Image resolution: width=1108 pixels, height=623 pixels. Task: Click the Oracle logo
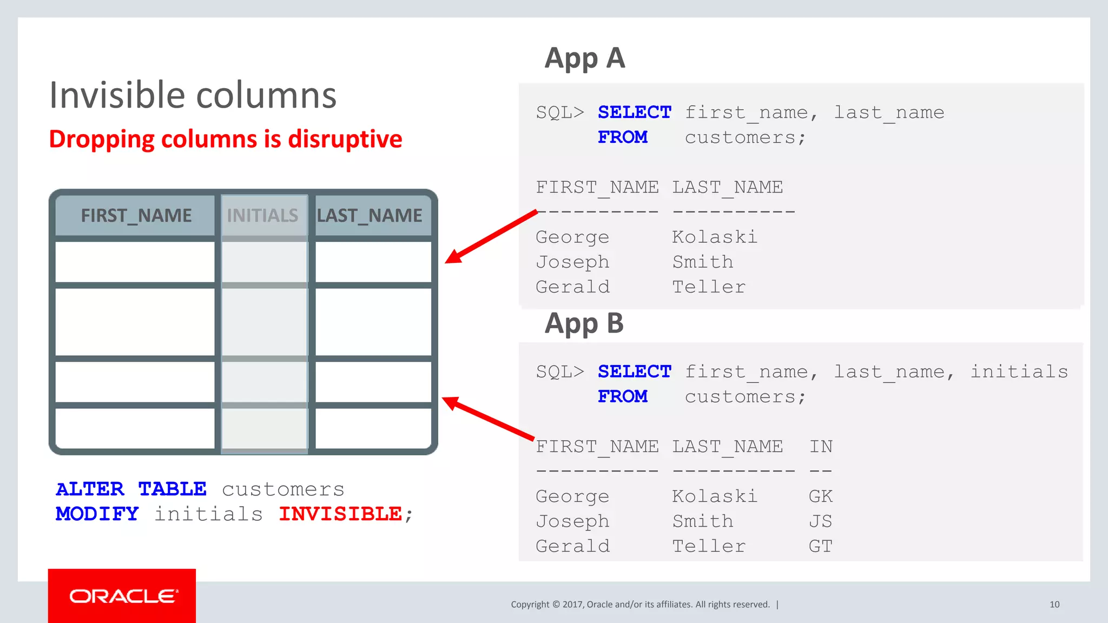(122, 596)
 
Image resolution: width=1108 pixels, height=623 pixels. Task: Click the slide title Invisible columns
(193, 96)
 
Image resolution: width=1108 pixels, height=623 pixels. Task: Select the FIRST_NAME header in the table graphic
(136, 216)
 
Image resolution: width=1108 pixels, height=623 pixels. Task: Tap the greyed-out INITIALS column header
(262, 216)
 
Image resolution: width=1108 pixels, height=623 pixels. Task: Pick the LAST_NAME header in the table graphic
(370, 216)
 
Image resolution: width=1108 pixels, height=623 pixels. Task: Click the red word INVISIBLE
(340, 514)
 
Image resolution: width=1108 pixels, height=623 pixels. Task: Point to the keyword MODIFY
(97, 514)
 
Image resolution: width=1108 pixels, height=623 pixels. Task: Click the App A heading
(585, 58)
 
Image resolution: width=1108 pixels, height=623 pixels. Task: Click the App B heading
(584, 324)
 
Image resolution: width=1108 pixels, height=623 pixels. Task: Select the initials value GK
(821, 496)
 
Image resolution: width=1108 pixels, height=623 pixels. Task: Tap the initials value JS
(821, 521)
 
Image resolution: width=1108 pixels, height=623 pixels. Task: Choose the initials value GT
(821, 546)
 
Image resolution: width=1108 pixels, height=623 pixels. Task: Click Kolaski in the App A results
(715, 237)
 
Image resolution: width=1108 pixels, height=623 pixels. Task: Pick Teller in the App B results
(709, 546)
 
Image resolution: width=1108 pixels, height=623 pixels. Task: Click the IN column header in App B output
(821, 447)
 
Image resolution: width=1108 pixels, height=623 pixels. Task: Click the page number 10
(1054, 605)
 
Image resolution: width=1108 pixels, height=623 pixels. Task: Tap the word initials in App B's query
(1019, 372)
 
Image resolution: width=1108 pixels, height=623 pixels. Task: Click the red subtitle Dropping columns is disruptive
(226, 139)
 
